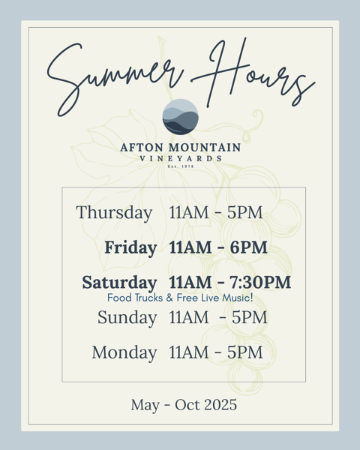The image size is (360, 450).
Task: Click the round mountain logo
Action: (x=180, y=116)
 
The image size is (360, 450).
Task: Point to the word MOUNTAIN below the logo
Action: (x=205, y=148)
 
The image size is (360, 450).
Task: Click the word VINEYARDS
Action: (x=181, y=158)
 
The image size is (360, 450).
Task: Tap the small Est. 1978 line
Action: (x=181, y=166)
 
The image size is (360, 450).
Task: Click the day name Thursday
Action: (x=114, y=213)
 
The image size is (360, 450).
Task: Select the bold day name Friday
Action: (x=130, y=247)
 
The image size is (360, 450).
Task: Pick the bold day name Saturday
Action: (x=119, y=283)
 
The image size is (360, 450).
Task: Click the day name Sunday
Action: (x=127, y=318)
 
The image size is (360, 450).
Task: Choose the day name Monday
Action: (x=124, y=352)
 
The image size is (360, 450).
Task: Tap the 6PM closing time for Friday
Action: (x=248, y=247)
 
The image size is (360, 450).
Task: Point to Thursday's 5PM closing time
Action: (x=245, y=213)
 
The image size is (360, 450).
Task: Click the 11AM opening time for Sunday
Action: (x=189, y=317)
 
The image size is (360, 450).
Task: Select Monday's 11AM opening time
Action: (x=189, y=352)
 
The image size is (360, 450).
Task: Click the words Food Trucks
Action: (x=135, y=298)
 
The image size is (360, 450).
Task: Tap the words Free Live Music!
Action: (x=214, y=298)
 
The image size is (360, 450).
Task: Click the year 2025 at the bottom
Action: (x=220, y=405)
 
